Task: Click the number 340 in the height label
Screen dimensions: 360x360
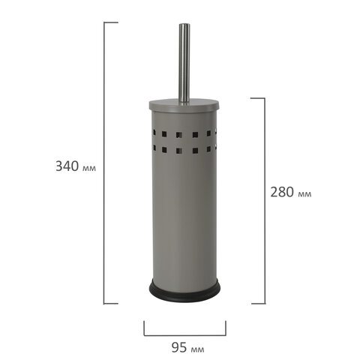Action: tap(67, 166)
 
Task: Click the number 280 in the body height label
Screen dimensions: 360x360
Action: tap(282, 192)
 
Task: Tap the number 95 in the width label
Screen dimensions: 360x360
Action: tap(179, 347)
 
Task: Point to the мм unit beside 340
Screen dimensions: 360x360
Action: tap(89, 168)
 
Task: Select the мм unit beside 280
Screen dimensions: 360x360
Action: tap(304, 194)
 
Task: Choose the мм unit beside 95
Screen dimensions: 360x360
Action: tap(197, 349)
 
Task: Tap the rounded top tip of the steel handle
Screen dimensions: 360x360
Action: tap(184, 24)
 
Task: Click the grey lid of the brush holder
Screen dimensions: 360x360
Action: tap(184, 105)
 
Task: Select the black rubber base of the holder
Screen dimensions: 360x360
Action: tap(184, 290)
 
